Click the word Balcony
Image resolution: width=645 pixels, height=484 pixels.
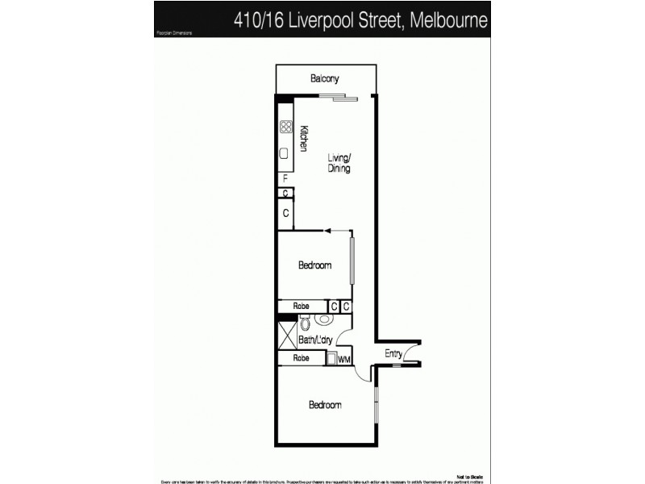(x=325, y=79)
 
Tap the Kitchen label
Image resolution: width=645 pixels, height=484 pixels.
(x=304, y=138)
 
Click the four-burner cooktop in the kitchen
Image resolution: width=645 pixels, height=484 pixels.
(x=285, y=126)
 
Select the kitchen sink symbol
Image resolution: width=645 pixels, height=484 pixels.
(x=285, y=153)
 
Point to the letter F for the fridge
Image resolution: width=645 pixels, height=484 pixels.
(x=285, y=178)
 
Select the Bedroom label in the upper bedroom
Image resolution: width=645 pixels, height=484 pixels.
(x=314, y=265)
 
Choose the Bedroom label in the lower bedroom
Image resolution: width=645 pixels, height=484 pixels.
(x=326, y=405)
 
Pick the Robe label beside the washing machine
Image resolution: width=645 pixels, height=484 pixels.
(x=302, y=358)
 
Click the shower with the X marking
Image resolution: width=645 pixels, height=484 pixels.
(x=286, y=332)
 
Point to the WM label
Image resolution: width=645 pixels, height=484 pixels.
(x=343, y=360)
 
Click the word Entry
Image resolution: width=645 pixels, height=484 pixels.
(x=393, y=353)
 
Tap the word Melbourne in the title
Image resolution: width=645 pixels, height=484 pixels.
(x=448, y=20)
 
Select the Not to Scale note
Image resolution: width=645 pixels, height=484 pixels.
(x=470, y=476)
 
